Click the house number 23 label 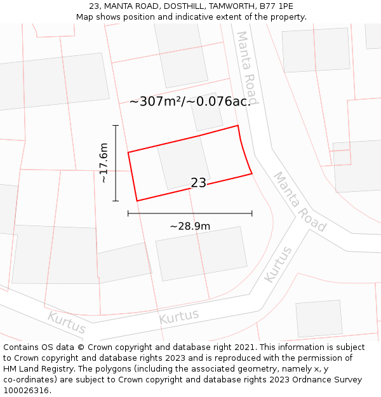click(x=198, y=183)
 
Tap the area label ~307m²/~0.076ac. click(x=190, y=102)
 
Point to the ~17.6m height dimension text click(x=104, y=163)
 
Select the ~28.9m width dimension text click(x=190, y=226)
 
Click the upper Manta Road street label click(x=247, y=67)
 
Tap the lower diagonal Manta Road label click(x=300, y=201)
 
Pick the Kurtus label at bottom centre click(x=178, y=316)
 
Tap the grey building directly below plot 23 click(x=201, y=253)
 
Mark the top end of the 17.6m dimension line click(x=116, y=126)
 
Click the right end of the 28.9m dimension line click(x=252, y=213)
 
